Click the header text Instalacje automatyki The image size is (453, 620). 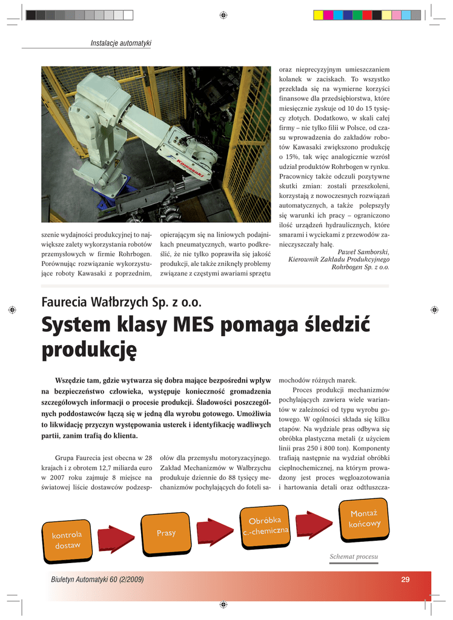click(121, 43)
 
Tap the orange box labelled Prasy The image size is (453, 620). click(166, 533)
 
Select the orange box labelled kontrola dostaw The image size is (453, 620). click(67, 540)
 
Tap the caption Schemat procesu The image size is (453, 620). click(354, 556)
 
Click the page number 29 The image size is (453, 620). click(405, 579)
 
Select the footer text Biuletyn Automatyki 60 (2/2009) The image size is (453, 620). click(98, 579)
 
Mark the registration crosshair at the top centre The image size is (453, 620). click(223, 15)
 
